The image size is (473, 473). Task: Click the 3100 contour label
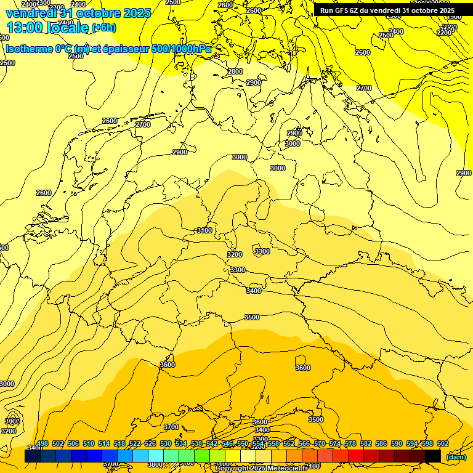point(204,230)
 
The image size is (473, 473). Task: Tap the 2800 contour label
point(235,71)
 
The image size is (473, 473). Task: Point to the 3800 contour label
point(155,464)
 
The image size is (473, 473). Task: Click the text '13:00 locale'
point(47,27)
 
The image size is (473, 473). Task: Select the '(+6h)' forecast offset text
point(103,28)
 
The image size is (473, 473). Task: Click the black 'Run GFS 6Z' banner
point(387,10)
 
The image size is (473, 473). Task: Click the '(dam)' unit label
point(456,457)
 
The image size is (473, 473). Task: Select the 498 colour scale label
point(42,444)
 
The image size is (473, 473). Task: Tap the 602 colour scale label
point(443,444)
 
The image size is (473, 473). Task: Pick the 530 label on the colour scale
point(166,444)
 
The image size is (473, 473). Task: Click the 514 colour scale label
point(104,444)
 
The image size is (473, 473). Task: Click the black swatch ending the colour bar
point(433,456)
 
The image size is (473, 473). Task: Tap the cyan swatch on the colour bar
point(156,456)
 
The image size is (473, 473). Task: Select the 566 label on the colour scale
point(304,444)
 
